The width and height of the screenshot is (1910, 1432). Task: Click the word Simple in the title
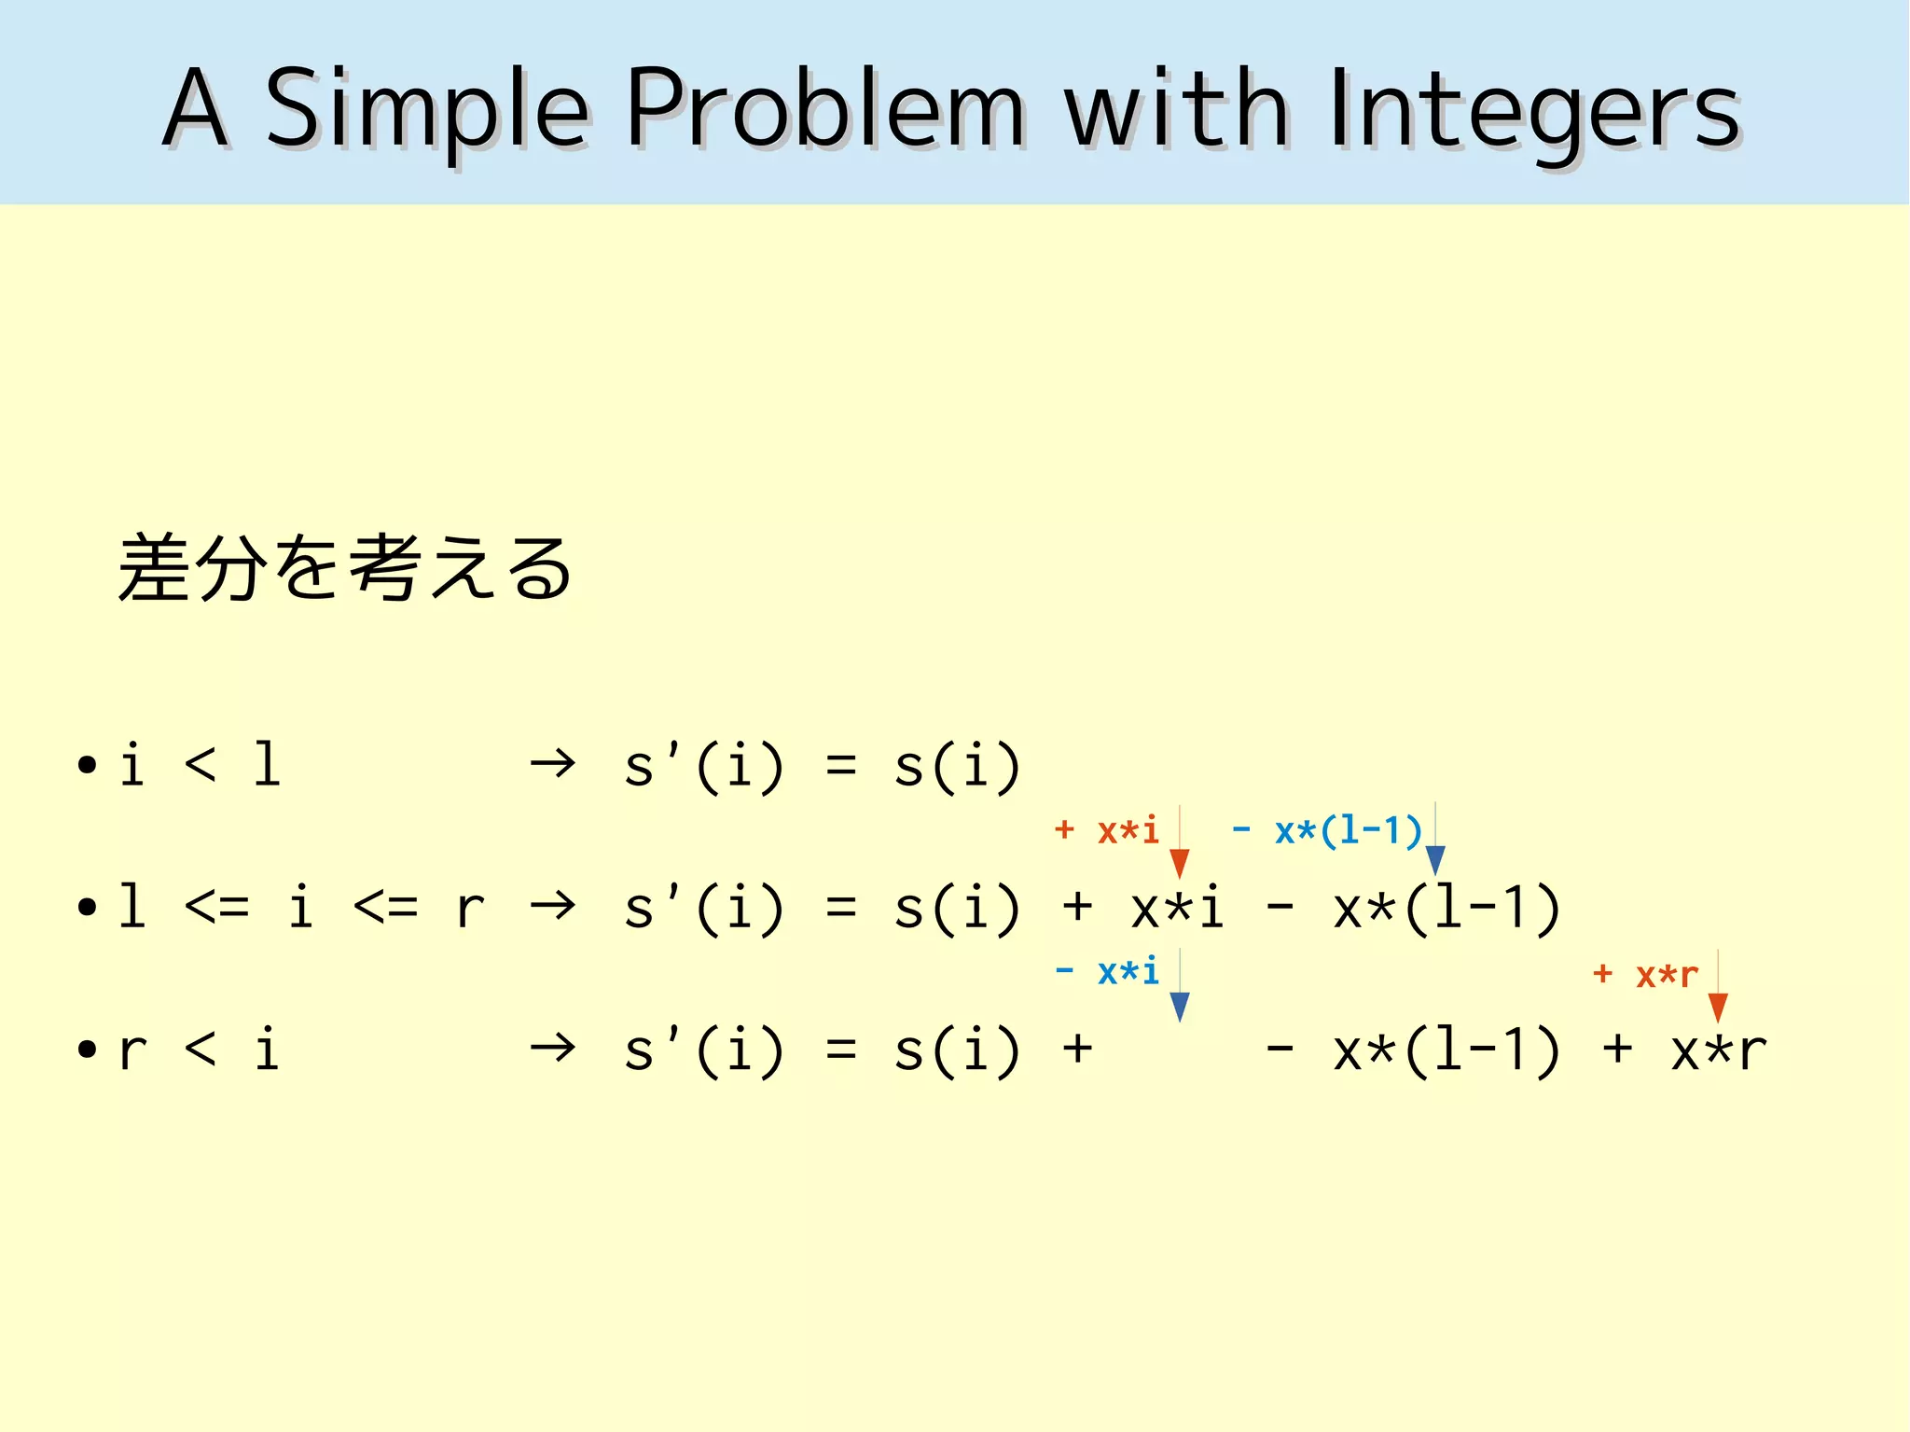pyautogui.click(x=427, y=110)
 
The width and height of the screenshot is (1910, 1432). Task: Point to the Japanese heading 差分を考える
pyautogui.click(x=344, y=568)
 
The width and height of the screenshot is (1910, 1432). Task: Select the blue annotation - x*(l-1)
pyautogui.click(x=1326, y=829)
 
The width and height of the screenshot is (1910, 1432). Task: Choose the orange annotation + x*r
pyautogui.click(x=1645, y=974)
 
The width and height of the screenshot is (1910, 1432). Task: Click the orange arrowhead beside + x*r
pyautogui.click(x=1718, y=1008)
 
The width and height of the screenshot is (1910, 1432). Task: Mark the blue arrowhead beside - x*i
pyautogui.click(x=1180, y=1007)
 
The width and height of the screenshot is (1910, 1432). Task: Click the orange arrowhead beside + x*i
pyautogui.click(x=1180, y=864)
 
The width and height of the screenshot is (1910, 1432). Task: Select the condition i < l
pyautogui.click(x=200, y=765)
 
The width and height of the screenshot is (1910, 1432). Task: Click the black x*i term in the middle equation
pyautogui.click(x=1177, y=908)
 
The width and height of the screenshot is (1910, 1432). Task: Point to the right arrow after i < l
pyautogui.click(x=552, y=765)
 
